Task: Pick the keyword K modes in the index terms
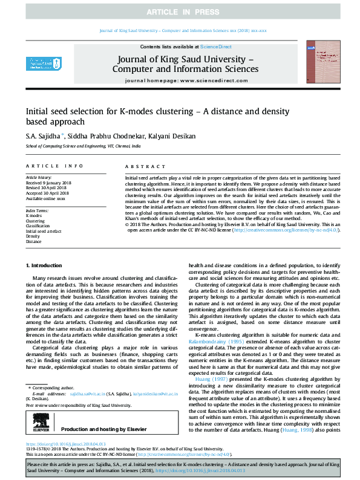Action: [34, 216]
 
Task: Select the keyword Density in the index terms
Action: [34, 236]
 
